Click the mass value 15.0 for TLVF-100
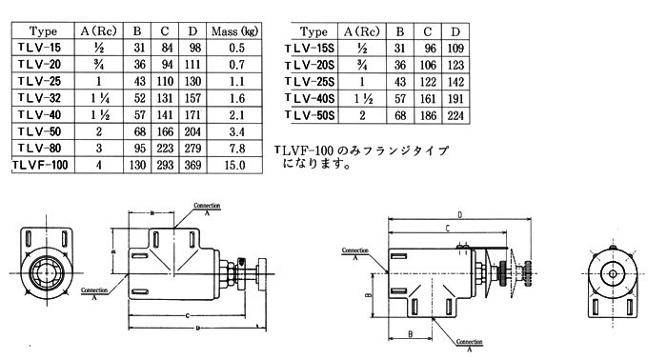tap(234, 165)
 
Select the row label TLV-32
tap(40, 98)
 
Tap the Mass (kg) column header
tap(234, 31)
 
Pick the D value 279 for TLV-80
tap(192, 149)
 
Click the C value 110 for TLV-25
tap(165, 81)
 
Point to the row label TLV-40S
tap(310, 99)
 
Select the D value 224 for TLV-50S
tap(455, 115)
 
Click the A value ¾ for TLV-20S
tap(362, 65)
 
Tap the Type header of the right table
tap(313, 31)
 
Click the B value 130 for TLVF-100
tap(137, 165)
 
